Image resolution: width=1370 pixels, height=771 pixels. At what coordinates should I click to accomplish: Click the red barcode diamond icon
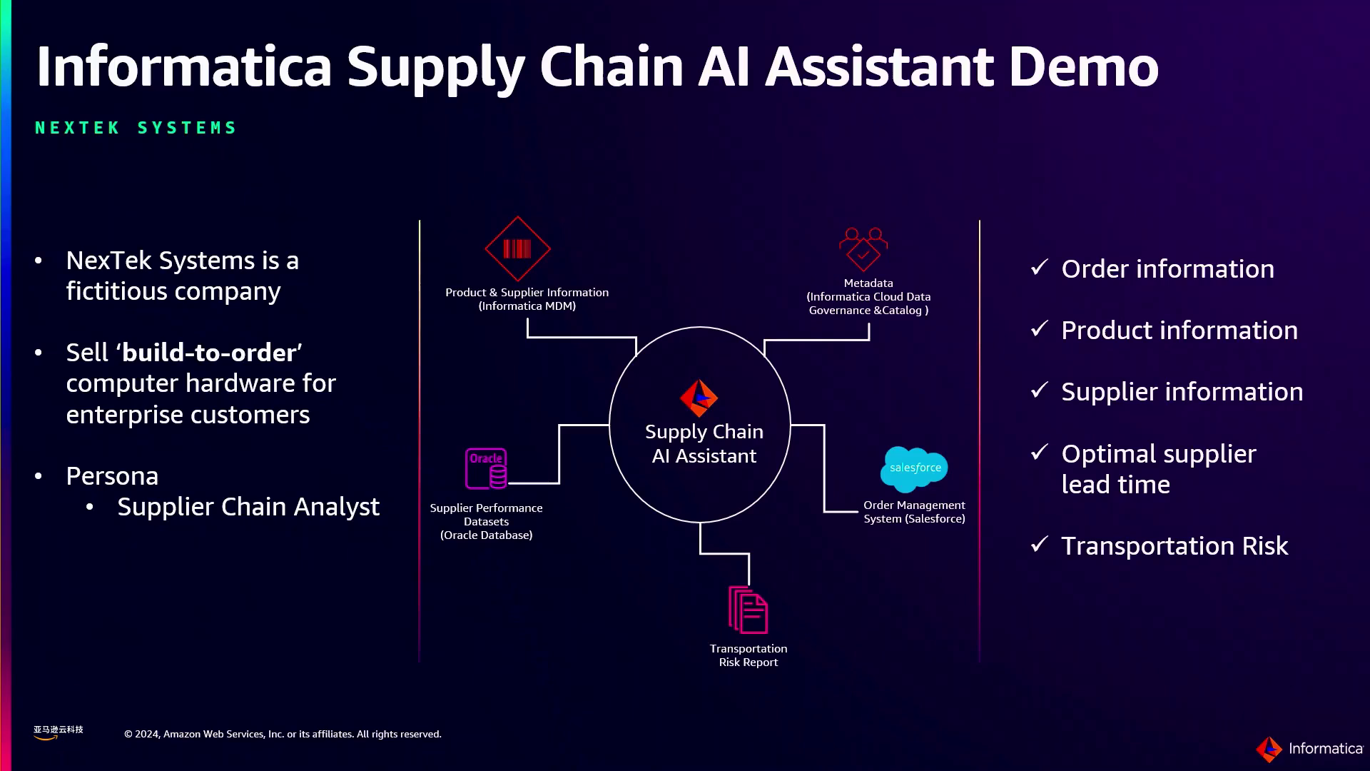[x=517, y=248]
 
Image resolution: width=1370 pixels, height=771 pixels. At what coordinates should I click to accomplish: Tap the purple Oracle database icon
[x=486, y=468]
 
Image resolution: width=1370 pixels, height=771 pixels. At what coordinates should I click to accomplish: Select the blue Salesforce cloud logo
[x=914, y=468]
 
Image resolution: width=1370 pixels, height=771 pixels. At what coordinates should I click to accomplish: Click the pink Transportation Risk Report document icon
[x=748, y=610]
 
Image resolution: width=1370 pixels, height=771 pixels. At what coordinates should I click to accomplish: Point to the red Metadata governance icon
[x=863, y=248]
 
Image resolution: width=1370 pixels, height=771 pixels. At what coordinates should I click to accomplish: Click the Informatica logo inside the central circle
[x=699, y=398]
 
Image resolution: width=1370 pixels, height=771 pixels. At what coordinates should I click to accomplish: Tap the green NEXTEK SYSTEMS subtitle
[x=136, y=128]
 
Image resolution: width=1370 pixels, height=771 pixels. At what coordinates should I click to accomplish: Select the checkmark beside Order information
[x=1040, y=268]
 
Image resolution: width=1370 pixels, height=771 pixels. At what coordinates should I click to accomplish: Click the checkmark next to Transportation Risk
[x=1040, y=545]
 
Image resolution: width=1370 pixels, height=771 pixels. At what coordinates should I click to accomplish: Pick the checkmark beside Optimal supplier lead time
[x=1040, y=453]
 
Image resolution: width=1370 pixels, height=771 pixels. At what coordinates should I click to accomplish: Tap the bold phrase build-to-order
[x=209, y=353]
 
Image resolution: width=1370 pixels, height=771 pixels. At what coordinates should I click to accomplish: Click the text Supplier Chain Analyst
[x=248, y=507]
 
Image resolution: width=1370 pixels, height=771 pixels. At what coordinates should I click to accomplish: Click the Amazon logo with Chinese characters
[x=58, y=732]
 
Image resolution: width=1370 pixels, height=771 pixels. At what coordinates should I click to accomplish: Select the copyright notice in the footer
[x=283, y=734]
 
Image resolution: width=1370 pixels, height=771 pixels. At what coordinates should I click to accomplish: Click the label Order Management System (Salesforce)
[x=914, y=512]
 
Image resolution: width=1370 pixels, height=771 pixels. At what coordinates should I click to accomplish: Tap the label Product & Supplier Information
[x=527, y=293]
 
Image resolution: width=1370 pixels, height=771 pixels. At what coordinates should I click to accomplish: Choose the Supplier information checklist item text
[x=1182, y=392]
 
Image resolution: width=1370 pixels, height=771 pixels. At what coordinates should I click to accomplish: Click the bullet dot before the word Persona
[x=39, y=476]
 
